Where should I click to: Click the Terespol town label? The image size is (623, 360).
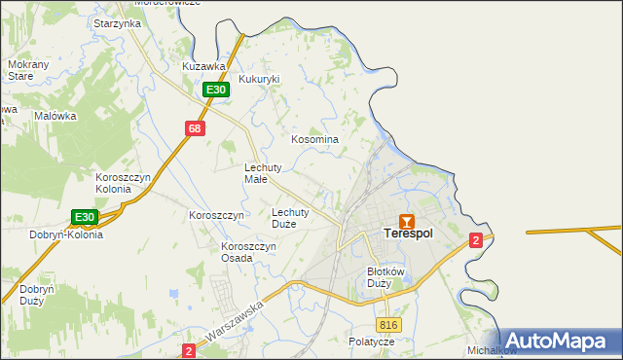point(407,234)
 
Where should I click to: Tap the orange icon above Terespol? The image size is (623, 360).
point(407,221)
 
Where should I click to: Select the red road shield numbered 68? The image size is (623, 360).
point(196,128)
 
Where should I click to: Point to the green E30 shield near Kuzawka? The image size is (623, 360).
point(216,90)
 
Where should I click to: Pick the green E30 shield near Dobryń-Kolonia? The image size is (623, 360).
point(85,218)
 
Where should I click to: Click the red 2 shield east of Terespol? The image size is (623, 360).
point(475,240)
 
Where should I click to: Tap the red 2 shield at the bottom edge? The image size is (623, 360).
point(189,348)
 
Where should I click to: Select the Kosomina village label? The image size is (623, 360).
point(315,140)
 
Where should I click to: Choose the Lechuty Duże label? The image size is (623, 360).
point(290,217)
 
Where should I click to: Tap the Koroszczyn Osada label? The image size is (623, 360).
point(249,252)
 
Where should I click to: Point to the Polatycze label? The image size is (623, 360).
point(371,342)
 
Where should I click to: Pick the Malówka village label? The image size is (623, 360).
point(55,116)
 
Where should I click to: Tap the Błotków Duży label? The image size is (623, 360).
point(385,278)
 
